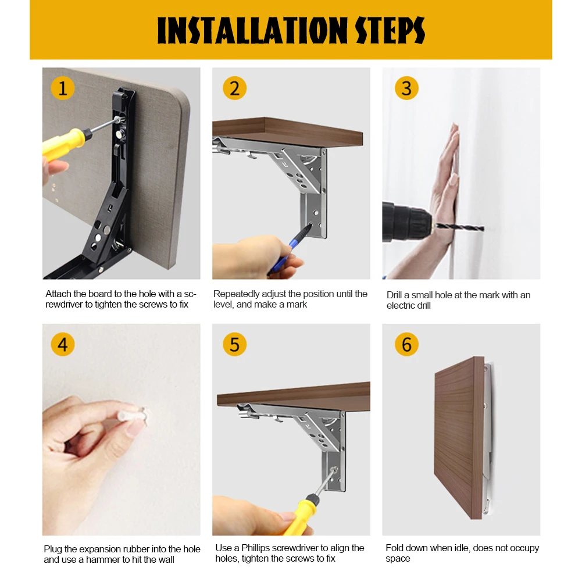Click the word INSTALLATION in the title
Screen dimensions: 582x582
(x=252, y=30)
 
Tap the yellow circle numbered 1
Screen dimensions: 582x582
(x=63, y=88)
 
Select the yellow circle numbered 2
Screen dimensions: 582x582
(x=234, y=88)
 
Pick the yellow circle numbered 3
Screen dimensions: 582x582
(x=406, y=88)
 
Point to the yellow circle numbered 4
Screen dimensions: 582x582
(x=63, y=344)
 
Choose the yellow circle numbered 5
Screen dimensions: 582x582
(x=234, y=344)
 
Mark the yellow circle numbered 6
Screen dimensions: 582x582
(x=406, y=344)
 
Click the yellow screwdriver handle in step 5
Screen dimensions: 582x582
(x=300, y=515)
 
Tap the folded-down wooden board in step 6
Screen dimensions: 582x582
(x=459, y=437)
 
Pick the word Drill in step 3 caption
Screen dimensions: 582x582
(x=394, y=295)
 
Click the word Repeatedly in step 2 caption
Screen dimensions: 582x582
(x=237, y=294)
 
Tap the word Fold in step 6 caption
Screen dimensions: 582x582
(x=394, y=548)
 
